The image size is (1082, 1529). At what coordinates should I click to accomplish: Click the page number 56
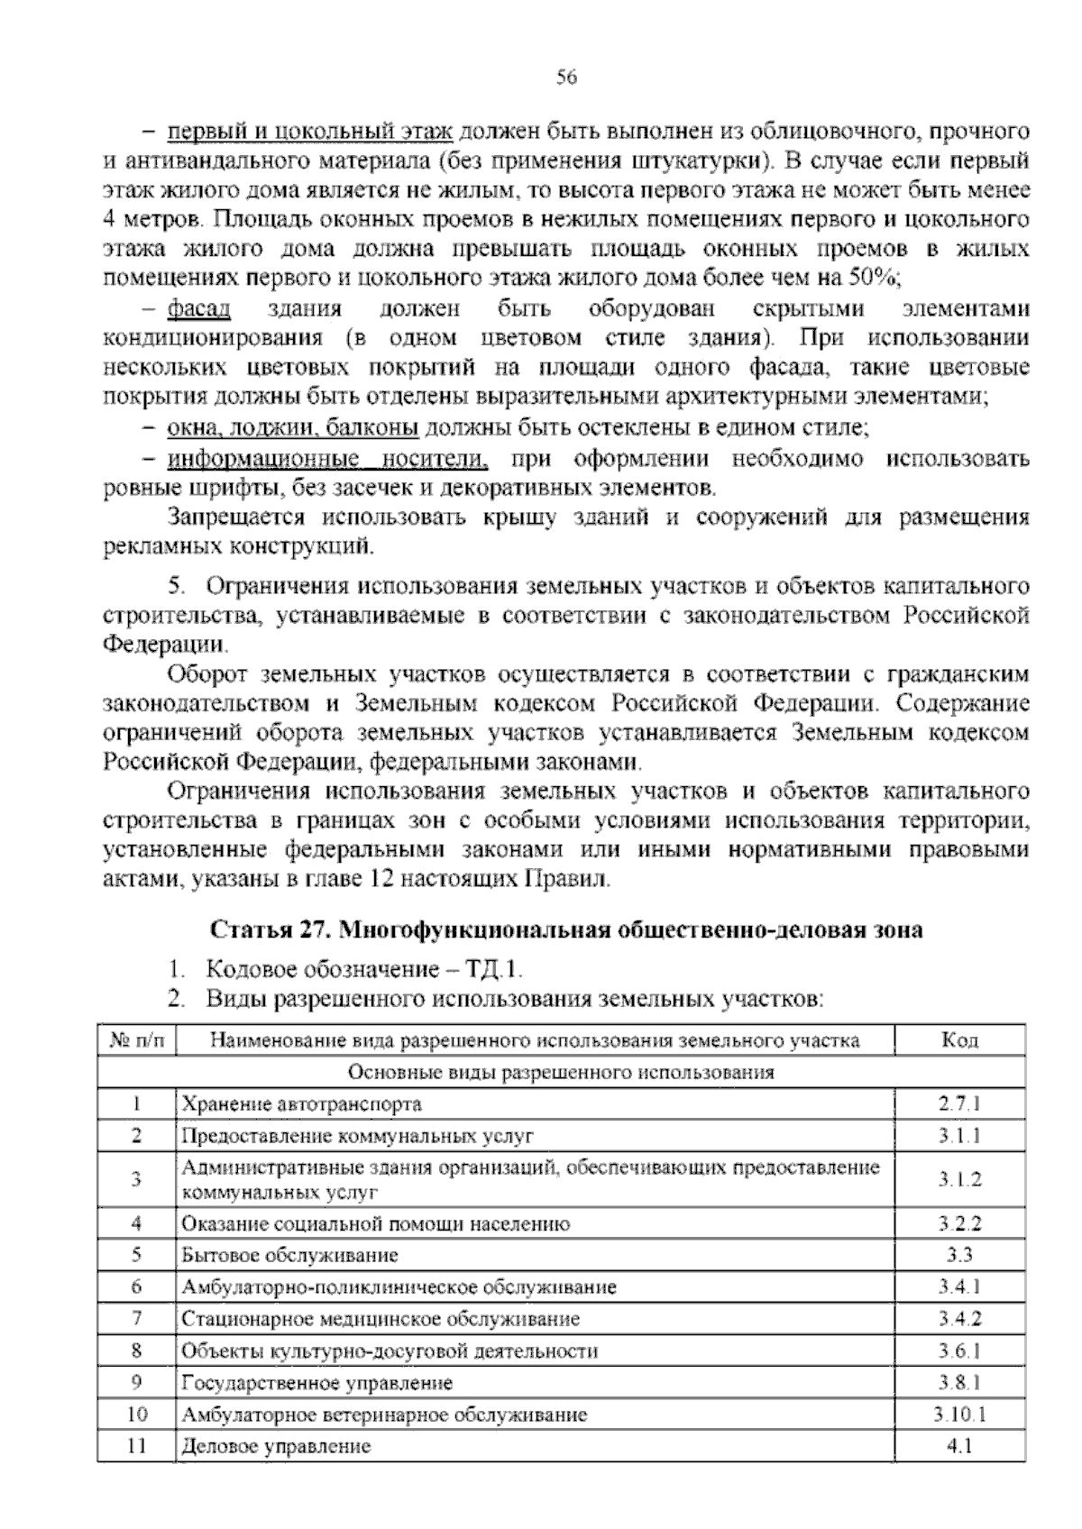566,78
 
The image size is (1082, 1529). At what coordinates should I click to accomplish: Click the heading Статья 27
268,929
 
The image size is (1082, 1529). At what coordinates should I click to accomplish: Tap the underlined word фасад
198,309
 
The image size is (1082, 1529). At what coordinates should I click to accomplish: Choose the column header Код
959,1040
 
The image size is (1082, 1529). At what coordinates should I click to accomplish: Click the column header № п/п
137,1040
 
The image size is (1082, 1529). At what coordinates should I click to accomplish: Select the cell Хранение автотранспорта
301,1103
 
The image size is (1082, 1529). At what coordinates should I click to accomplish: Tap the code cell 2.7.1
959,1103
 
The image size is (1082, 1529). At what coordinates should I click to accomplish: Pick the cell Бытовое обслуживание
289,1255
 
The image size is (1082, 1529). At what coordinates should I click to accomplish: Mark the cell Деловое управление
276,1447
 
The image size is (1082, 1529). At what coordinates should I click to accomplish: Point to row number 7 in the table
137,1318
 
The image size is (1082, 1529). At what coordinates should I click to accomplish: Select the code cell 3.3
959,1255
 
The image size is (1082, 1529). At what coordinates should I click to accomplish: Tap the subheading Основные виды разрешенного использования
560,1072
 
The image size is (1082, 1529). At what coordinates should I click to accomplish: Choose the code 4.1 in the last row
959,1447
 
